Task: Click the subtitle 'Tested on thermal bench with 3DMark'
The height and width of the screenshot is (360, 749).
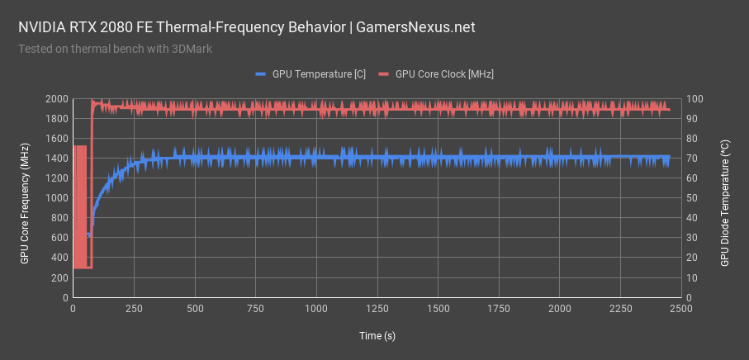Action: click(115, 49)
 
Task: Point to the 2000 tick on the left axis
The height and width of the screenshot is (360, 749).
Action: click(55, 99)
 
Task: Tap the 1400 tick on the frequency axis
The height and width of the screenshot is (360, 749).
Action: click(55, 159)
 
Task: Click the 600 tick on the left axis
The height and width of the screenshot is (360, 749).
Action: click(58, 238)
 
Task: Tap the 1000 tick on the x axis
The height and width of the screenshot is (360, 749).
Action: click(316, 309)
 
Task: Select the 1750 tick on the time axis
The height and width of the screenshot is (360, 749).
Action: click(499, 309)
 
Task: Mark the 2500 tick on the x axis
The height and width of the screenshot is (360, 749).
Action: click(680, 309)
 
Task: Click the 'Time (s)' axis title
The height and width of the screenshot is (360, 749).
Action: click(377, 335)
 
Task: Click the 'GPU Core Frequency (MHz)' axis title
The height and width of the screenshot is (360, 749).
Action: click(25, 198)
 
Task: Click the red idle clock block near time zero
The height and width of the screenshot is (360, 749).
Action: click(82, 206)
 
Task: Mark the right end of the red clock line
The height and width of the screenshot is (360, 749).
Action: click(669, 109)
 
